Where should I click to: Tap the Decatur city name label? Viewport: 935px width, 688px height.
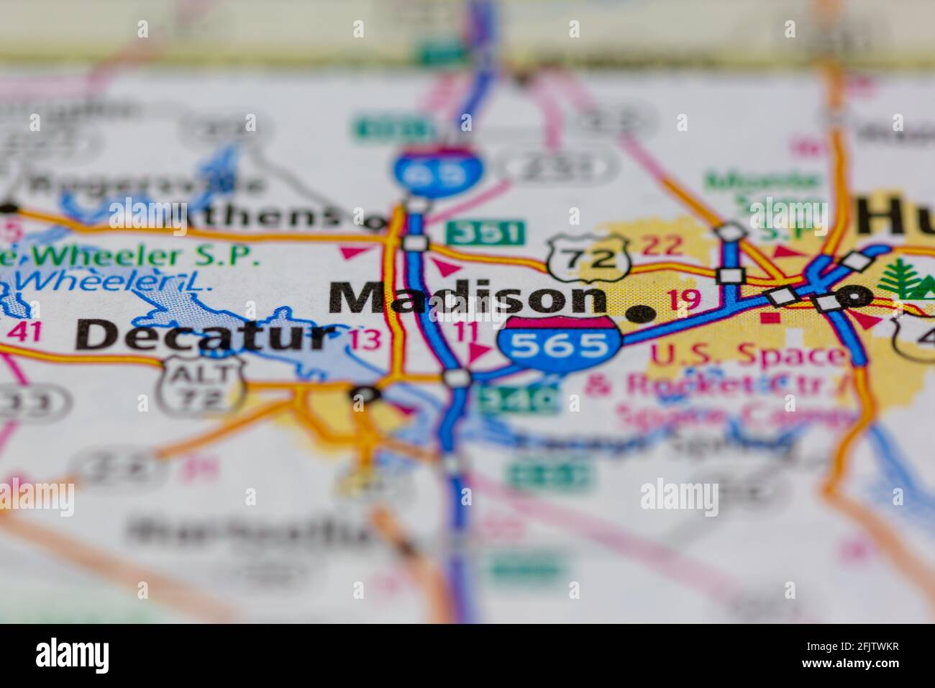point(207,335)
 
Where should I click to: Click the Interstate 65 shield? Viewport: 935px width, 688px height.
point(437,170)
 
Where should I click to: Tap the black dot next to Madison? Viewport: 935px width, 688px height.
point(642,313)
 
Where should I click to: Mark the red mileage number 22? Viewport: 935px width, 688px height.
point(661,245)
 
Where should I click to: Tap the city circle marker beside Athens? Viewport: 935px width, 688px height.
point(374,222)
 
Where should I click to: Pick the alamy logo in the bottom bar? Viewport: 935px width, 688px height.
point(73,656)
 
